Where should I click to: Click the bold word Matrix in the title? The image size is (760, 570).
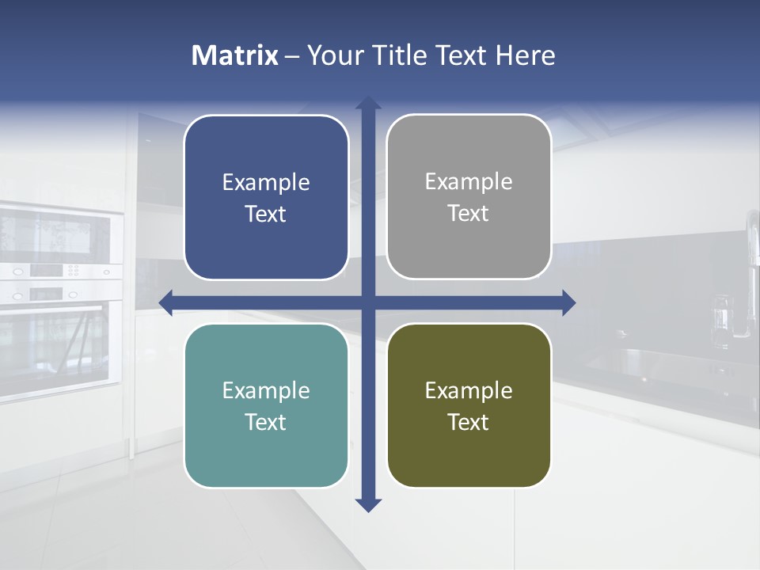234,55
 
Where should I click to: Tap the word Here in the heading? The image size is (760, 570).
525,55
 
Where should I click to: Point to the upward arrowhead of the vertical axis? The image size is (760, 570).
368,103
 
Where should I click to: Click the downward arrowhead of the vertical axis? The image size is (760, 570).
368,505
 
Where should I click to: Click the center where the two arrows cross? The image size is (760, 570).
368,302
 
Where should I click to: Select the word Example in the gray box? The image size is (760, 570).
469,182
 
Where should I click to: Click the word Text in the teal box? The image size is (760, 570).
266,422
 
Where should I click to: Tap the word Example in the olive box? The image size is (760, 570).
469,390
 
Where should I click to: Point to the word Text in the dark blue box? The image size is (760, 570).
266,214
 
